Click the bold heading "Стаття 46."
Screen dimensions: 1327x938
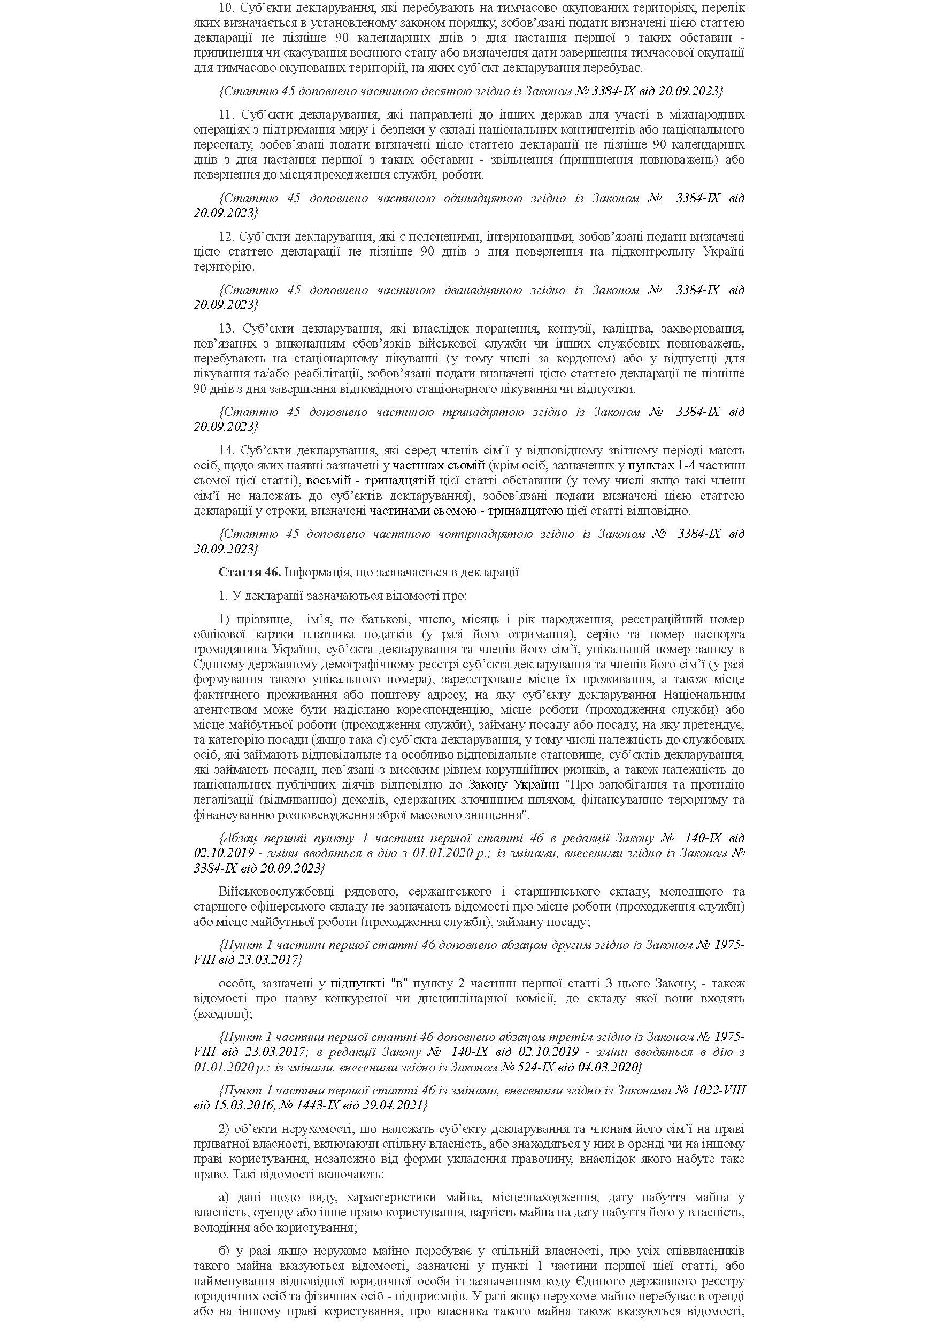click(x=250, y=572)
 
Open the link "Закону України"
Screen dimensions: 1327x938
click(x=513, y=784)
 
